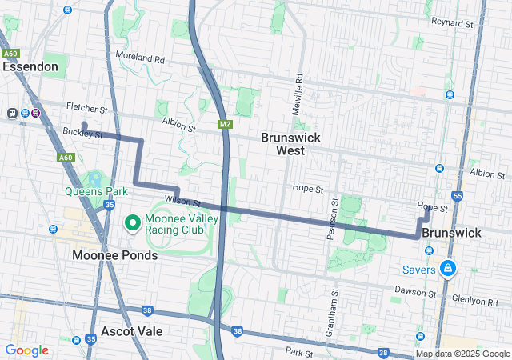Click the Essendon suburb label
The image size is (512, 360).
click(30, 66)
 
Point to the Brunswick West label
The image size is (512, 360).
click(290, 143)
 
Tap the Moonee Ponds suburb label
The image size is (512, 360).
click(114, 255)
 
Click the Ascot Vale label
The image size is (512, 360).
click(132, 330)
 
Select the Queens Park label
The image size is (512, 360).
click(97, 191)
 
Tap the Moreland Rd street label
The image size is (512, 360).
click(139, 59)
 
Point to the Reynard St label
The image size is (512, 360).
click(453, 23)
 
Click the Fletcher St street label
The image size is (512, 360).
click(87, 107)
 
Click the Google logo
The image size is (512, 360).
click(27, 350)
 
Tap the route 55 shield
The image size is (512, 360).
click(457, 196)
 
